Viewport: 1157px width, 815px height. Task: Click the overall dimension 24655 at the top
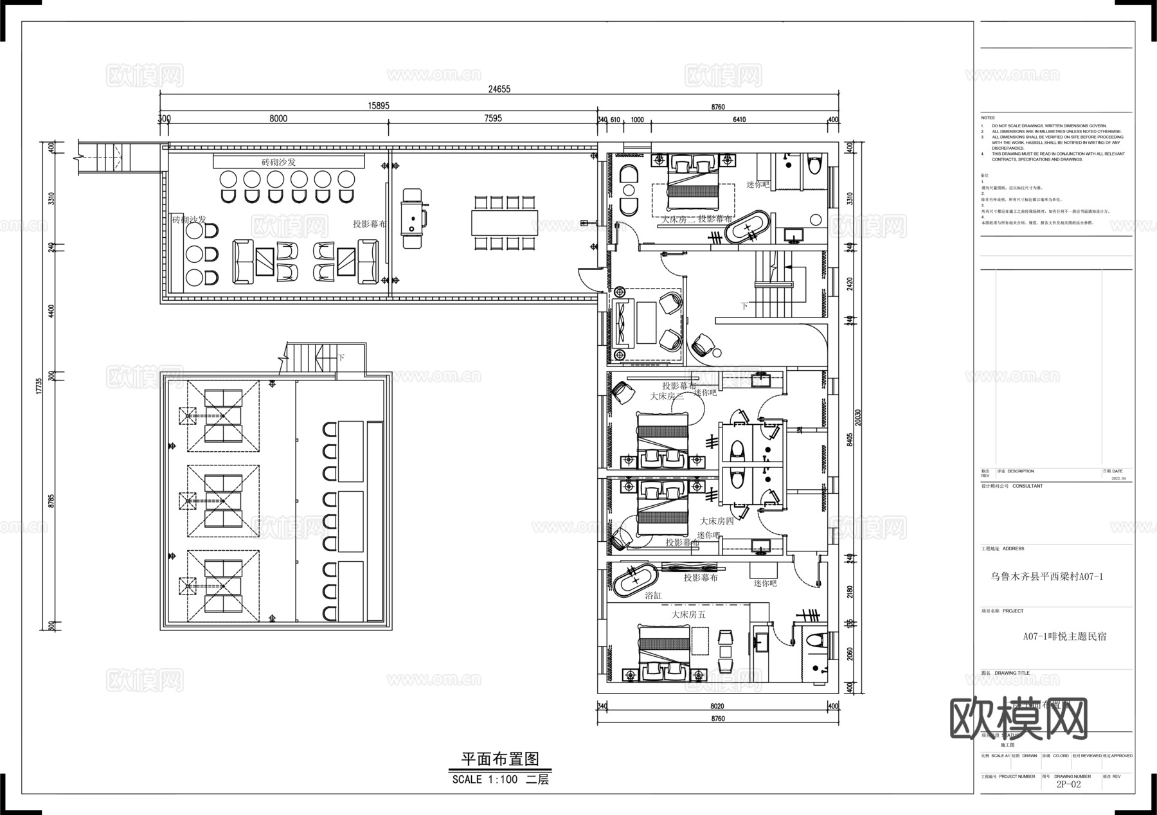point(499,89)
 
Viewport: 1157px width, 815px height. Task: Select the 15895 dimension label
point(378,105)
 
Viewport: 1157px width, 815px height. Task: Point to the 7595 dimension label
point(493,118)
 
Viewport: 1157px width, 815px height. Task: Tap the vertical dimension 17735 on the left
point(39,386)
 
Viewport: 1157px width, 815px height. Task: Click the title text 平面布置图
point(499,759)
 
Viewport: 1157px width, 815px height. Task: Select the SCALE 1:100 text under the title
point(484,780)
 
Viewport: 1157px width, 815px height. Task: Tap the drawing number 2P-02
point(1068,784)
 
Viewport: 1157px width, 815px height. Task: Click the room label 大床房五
point(688,614)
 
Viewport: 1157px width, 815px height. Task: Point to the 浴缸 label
point(653,596)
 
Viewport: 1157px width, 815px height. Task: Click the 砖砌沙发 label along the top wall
point(278,162)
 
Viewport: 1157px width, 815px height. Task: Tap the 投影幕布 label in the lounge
point(370,224)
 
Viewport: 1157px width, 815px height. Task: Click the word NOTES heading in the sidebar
point(987,118)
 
